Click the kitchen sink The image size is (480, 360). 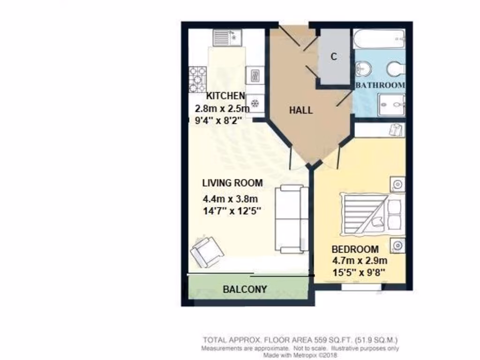coord(227,37)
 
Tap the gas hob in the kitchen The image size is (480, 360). coord(197,80)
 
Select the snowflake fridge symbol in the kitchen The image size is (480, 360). coord(255,103)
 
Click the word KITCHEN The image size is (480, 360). coord(226,96)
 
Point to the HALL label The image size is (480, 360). coord(300,111)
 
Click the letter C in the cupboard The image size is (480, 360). coord(334,57)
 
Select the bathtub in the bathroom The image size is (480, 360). coord(379,39)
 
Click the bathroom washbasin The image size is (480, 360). coord(363,70)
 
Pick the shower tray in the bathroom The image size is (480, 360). coord(392,103)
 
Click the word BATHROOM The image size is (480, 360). coord(380,85)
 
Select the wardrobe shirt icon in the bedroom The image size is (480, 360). coord(396,130)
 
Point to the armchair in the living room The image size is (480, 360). coord(207,252)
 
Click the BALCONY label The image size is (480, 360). coord(245,289)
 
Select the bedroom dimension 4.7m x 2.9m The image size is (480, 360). coord(359,261)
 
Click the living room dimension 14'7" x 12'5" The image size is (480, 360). coord(231,210)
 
